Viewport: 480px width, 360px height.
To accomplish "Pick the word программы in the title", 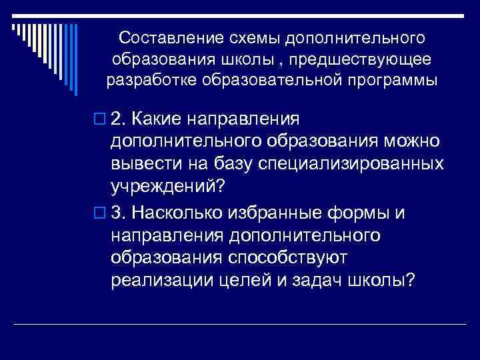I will tap(397, 82).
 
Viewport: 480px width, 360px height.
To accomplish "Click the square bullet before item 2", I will tap(101, 119).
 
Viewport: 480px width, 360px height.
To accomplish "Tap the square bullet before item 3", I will tap(101, 213).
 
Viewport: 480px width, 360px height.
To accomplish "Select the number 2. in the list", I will tap(120, 118).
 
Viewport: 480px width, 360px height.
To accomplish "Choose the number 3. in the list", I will tap(120, 212).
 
